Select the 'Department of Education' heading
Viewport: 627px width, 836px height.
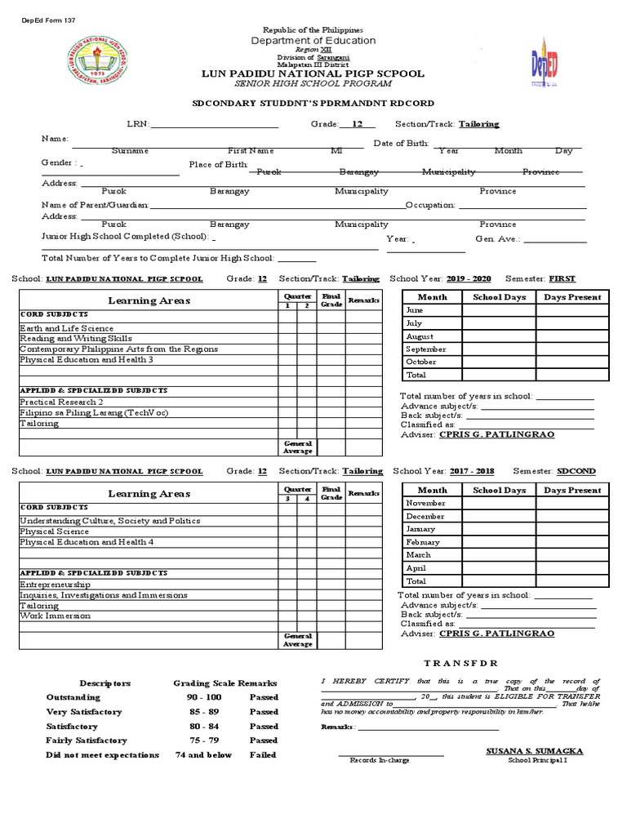pos(313,40)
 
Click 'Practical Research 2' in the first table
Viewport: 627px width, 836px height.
pos(61,402)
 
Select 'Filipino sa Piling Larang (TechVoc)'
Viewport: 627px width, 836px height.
pos(94,413)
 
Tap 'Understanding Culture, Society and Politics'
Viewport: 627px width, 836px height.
pos(109,521)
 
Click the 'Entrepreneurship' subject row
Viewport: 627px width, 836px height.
pos(55,585)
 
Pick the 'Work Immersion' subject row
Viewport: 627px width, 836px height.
pos(55,616)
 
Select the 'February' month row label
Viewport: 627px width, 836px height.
pos(423,542)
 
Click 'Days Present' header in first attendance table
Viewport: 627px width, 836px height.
pos(572,297)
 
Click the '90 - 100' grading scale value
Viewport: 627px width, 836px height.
pos(204,697)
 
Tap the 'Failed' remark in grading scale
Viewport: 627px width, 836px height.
pos(263,755)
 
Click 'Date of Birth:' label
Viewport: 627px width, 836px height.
pos(401,144)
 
